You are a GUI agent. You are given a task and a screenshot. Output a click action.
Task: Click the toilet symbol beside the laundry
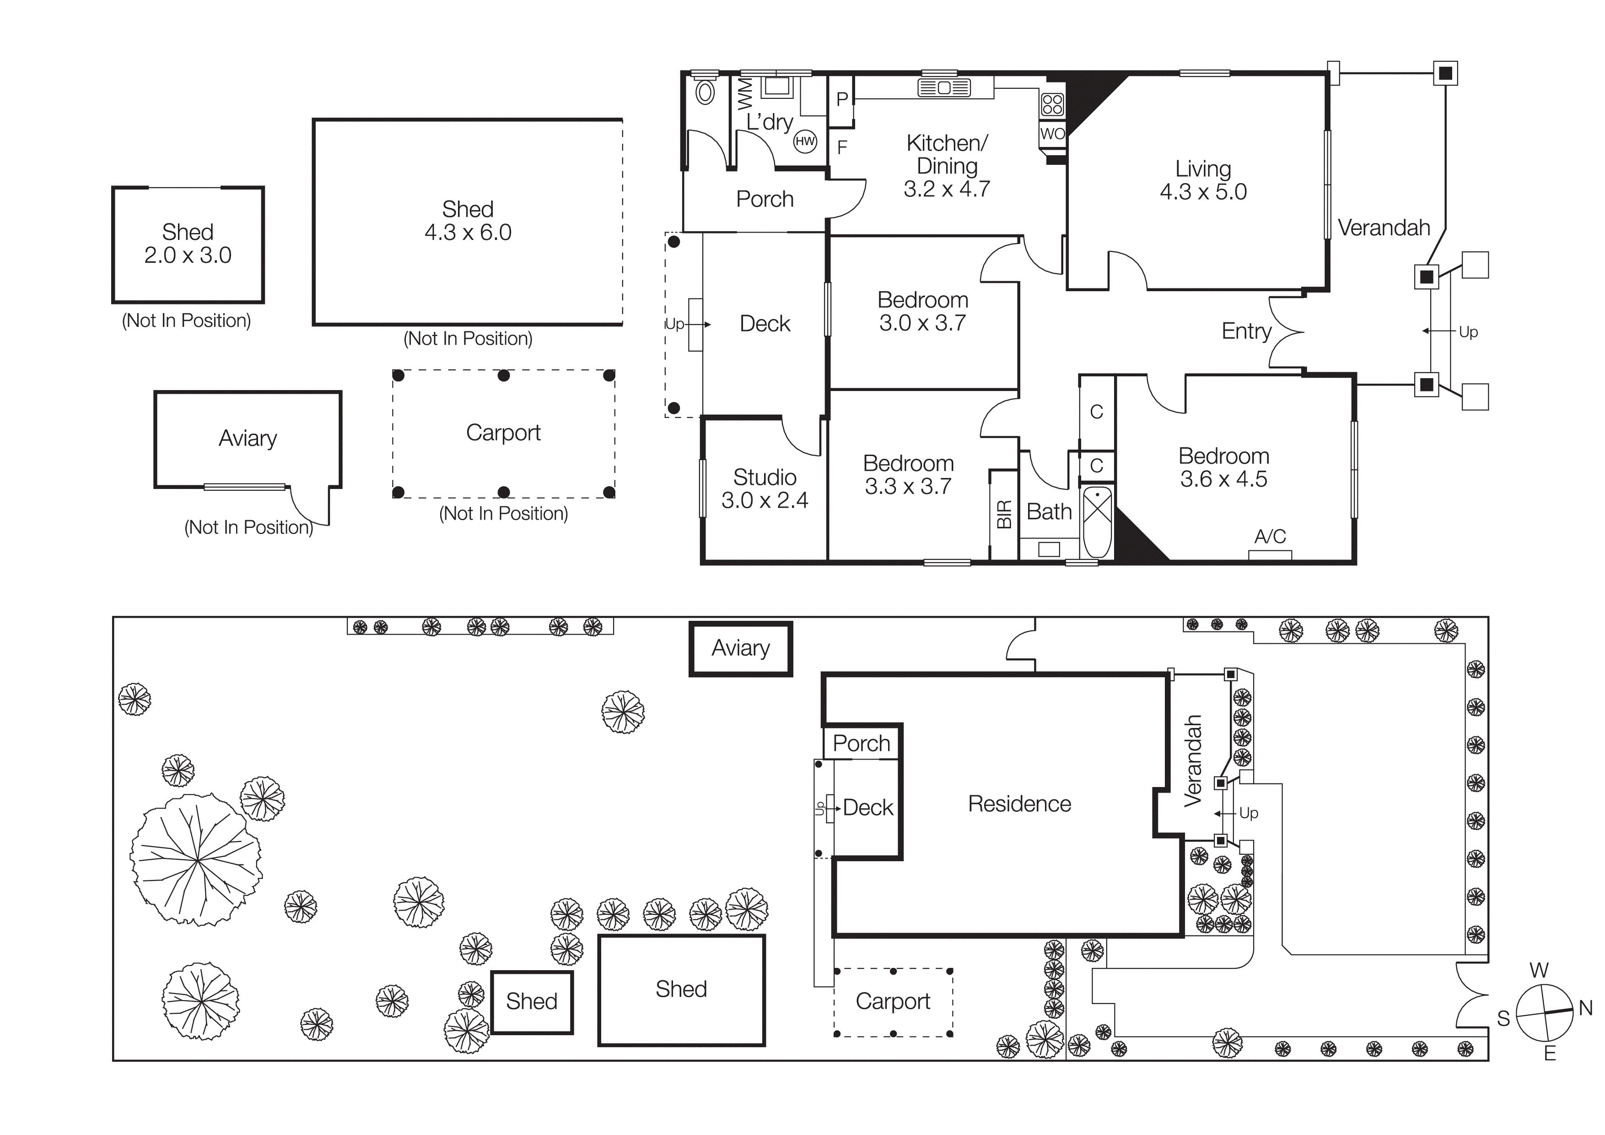[x=706, y=92]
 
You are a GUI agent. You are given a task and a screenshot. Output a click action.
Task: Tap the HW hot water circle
[x=805, y=141]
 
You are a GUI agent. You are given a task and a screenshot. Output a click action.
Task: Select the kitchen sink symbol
[x=944, y=88]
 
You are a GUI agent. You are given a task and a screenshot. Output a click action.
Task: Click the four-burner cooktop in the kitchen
[x=1052, y=105]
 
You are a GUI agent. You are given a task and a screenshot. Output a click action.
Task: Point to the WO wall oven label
[x=1052, y=134]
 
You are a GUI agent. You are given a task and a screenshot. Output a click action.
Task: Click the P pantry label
[x=842, y=100]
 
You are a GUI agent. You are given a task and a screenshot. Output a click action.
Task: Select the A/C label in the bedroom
[x=1270, y=537]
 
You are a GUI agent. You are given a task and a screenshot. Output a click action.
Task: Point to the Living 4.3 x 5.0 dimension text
[x=1203, y=192]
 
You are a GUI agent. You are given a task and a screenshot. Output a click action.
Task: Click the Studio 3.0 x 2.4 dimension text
[x=764, y=500]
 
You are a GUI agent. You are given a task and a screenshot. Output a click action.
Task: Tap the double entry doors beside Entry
[x=1285, y=331]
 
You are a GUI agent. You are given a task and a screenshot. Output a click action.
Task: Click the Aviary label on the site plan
[x=740, y=648]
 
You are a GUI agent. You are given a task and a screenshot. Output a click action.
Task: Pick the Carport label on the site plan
[x=893, y=1001]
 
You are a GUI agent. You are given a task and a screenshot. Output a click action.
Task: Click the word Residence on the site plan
[x=1019, y=804]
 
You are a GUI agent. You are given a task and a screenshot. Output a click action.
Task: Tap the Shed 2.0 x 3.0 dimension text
[x=187, y=255]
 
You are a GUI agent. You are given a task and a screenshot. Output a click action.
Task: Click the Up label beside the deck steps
[x=674, y=325]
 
